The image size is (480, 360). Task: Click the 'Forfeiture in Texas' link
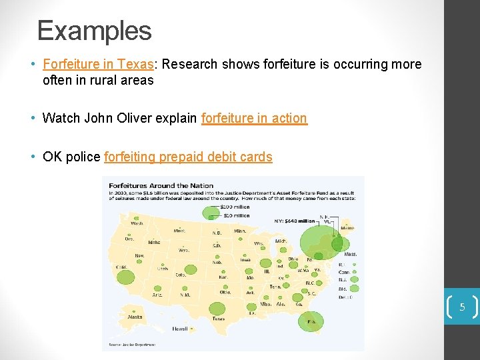[x=98, y=64]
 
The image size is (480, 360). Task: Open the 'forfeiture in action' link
[x=254, y=118]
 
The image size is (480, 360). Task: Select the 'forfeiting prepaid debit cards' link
[x=188, y=157]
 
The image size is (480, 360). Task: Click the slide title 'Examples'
[x=95, y=31]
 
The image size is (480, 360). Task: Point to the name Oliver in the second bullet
[x=159, y=118]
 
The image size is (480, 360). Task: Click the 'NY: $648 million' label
[x=295, y=221]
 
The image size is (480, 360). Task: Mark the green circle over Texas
[x=217, y=309]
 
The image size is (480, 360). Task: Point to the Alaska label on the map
[x=135, y=317]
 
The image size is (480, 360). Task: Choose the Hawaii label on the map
[x=179, y=329]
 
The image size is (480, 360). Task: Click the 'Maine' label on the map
[x=347, y=228]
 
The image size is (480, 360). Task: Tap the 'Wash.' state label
[x=137, y=223]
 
